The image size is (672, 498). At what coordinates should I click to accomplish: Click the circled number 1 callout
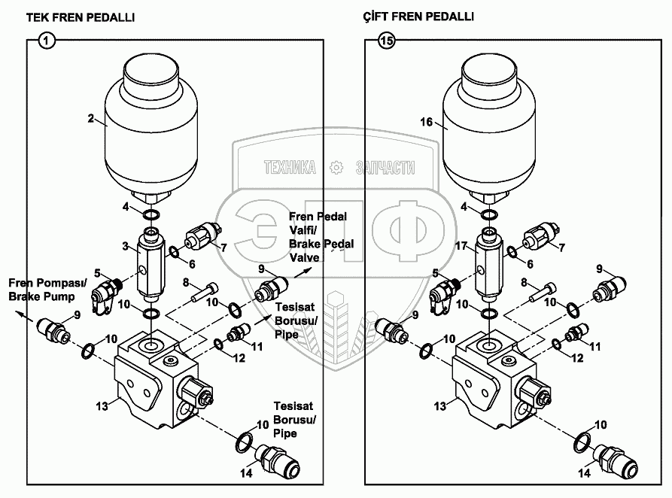[x=47, y=41]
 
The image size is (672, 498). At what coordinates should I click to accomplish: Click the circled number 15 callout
[x=386, y=41]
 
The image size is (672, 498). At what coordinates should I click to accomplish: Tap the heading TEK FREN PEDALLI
[x=81, y=17]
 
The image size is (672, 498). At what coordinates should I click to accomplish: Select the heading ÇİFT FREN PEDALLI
[x=418, y=17]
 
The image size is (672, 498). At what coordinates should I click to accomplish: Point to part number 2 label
[x=90, y=118]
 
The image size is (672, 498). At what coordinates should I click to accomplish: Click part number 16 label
[x=427, y=122]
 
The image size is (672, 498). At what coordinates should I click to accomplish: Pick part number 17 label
[x=461, y=246]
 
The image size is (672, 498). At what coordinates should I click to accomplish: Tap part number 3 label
[x=125, y=246]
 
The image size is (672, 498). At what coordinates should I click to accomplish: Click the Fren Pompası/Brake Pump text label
[x=47, y=290]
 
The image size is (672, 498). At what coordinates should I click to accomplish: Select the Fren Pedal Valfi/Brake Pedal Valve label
[x=321, y=237]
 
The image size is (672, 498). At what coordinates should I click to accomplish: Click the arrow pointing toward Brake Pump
[x=26, y=316]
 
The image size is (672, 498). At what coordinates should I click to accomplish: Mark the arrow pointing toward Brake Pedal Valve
[x=303, y=272]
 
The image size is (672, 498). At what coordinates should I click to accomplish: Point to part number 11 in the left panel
[x=257, y=346]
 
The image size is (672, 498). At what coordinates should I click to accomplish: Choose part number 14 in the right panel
[x=585, y=473]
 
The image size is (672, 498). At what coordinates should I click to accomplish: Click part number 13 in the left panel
[x=102, y=405]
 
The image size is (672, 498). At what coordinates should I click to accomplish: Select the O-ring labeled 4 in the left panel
[x=151, y=214]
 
